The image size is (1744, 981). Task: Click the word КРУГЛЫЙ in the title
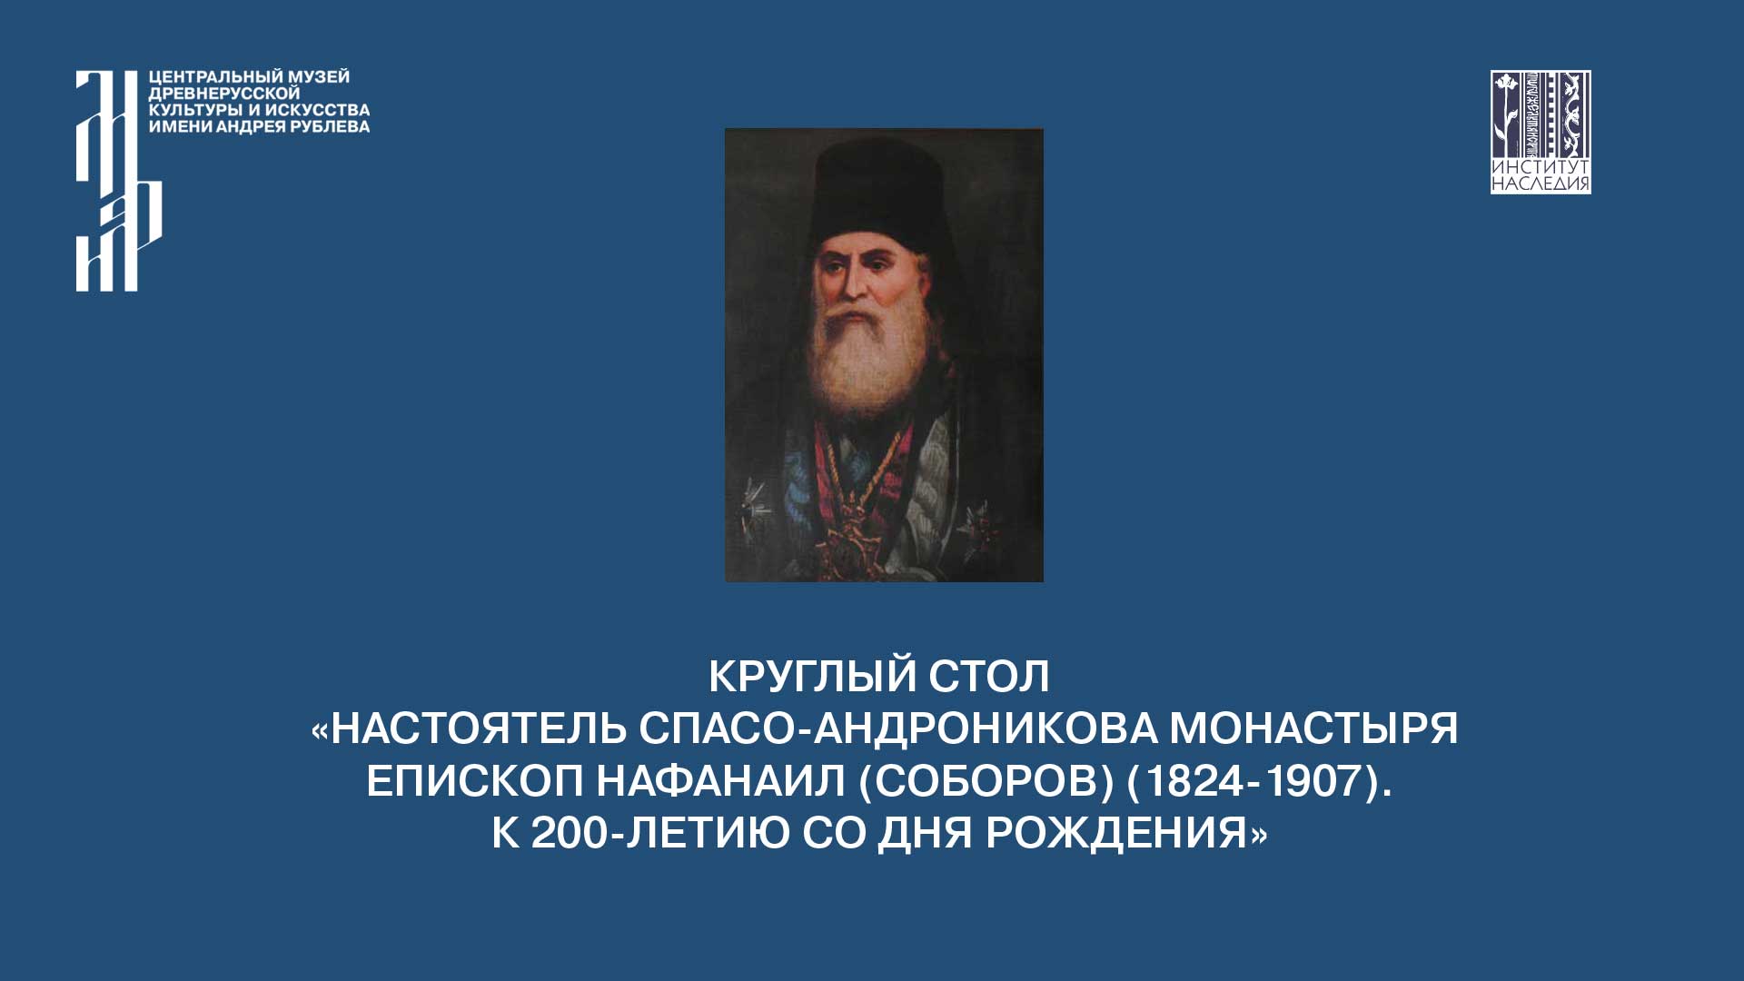pyautogui.click(x=799, y=676)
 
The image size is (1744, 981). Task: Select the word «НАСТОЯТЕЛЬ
pyautogui.click(x=469, y=728)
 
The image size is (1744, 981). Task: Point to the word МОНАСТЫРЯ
pyautogui.click(x=1313, y=728)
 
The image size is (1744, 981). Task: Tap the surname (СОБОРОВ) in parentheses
pyautogui.click(x=986, y=781)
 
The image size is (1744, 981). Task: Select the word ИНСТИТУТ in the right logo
pyautogui.click(x=1541, y=168)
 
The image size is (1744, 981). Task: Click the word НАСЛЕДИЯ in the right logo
pyautogui.click(x=1541, y=184)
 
